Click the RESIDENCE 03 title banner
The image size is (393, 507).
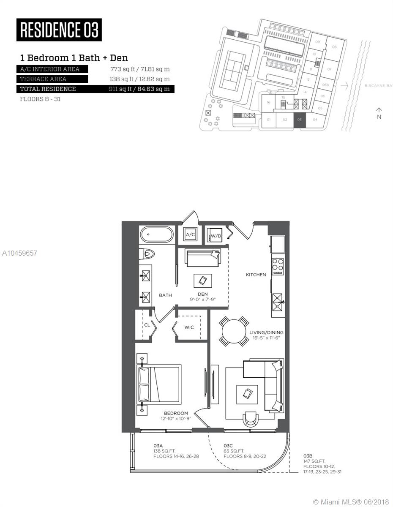click(59, 30)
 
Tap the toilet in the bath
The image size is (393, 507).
click(148, 253)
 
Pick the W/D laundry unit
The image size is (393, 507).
click(216, 235)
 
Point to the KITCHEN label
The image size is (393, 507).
click(256, 275)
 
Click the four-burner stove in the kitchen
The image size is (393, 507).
click(278, 267)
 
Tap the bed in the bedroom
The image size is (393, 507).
click(159, 384)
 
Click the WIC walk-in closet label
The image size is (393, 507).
click(189, 327)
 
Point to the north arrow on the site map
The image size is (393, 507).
click(379, 113)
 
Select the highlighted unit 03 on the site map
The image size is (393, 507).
click(299, 120)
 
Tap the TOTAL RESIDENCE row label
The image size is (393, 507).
click(48, 89)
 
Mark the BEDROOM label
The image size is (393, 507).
click(176, 413)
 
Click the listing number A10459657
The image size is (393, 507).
click(19, 253)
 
